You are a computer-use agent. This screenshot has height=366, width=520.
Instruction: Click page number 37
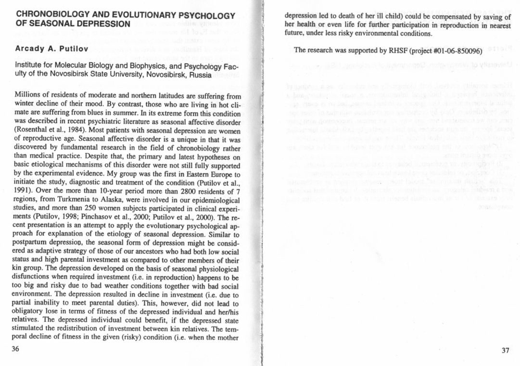(x=505, y=350)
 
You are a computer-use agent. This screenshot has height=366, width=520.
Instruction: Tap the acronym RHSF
(x=393, y=52)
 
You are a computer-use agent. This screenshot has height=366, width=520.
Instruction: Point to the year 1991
(x=25, y=191)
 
